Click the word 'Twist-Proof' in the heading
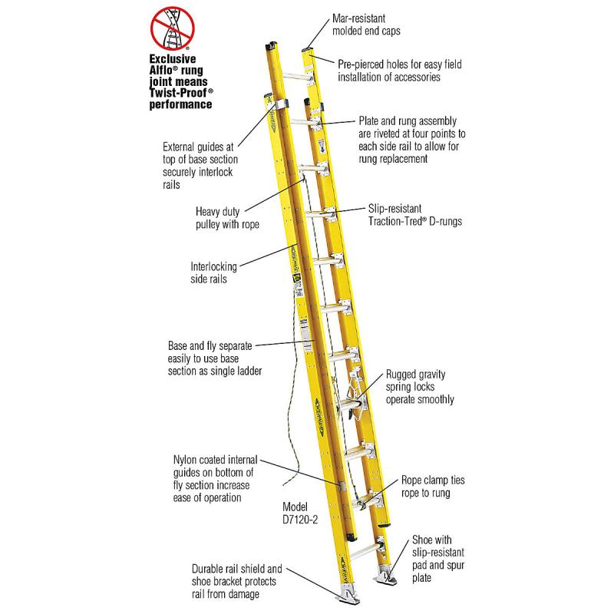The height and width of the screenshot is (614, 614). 179,91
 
